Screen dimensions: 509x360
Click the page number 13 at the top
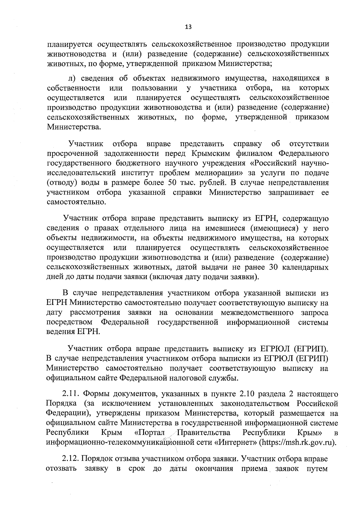(x=188, y=27)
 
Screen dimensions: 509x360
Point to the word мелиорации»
(x=213, y=173)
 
